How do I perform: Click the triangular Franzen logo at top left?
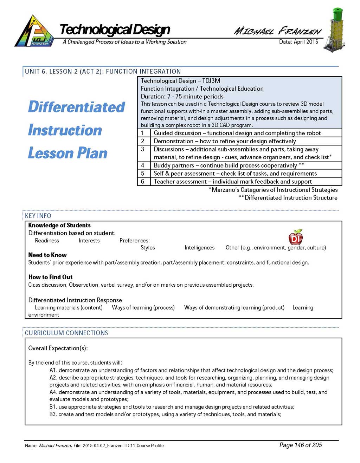(x=34, y=32)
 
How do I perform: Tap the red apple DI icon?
(x=295, y=237)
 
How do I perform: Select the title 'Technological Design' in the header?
(x=115, y=30)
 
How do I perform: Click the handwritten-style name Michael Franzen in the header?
(x=277, y=31)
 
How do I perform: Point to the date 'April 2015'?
(x=306, y=42)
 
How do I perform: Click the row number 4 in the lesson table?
(x=142, y=165)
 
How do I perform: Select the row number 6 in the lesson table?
(x=142, y=181)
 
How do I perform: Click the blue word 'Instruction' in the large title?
(x=65, y=130)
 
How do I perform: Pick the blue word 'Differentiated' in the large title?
(x=76, y=107)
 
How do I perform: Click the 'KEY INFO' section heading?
(x=38, y=216)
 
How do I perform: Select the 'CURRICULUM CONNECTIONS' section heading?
(x=66, y=333)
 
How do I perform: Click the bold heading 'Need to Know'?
(x=47, y=255)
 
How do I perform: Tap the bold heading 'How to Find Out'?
(x=50, y=277)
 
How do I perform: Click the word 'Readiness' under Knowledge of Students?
(x=47, y=241)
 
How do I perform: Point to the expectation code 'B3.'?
(x=53, y=414)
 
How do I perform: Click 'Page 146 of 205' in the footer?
(x=301, y=445)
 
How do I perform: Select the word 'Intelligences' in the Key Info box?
(x=199, y=248)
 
